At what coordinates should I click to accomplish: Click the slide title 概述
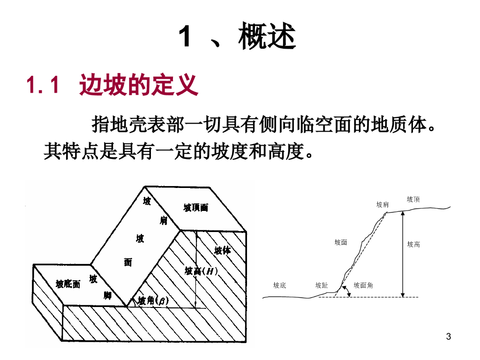click(x=267, y=37)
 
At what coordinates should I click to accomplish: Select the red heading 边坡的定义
click(x=139, y=86)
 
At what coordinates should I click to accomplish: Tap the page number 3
click(x=449, y=336)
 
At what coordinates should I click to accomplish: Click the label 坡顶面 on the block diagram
click(x=195, y=208)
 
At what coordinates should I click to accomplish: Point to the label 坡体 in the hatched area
click(x=222, y=250)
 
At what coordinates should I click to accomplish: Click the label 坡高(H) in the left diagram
click(x=201, y=271)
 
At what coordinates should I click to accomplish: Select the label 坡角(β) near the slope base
click(x=153, y=300)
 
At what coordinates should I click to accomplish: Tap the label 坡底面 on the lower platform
click(x=68, y=284)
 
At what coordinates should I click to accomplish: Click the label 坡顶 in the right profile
click(x=413, y=199)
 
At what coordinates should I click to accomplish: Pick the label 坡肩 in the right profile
click(x=382, y=205)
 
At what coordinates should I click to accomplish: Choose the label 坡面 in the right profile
click(x=341, y=242)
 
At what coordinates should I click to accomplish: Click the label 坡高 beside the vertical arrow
click(x=413, y=244)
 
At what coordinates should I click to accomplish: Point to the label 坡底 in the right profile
click(x=279, y=285)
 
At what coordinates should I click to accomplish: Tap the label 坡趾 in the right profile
click(x=322, y=285)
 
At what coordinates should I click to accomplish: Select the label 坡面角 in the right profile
click(x=363, y=285)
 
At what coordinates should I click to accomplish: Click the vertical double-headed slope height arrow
click(x=402, y=253)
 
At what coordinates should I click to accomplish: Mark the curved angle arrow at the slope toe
click(x=347, y=292)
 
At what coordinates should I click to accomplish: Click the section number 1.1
click(x=43, y=86)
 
